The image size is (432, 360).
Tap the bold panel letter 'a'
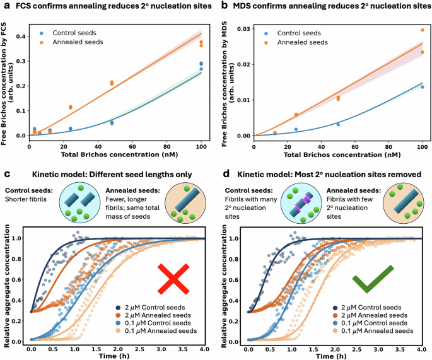[x=4, y=6]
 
